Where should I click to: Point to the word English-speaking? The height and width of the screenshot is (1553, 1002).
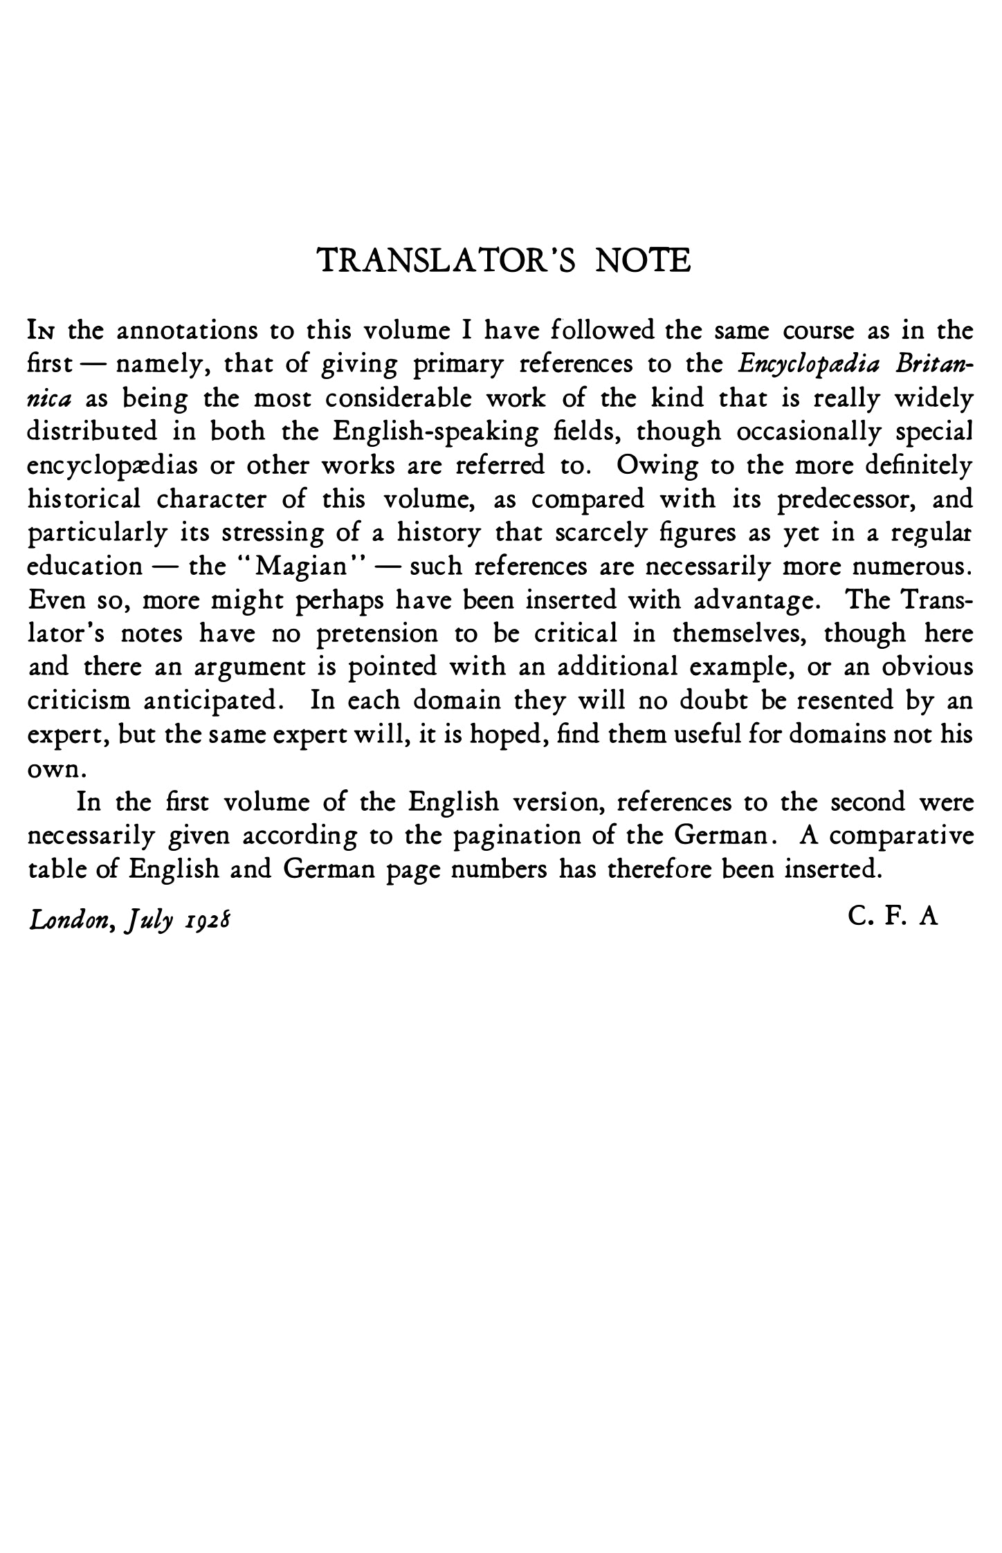(x=436, y=432)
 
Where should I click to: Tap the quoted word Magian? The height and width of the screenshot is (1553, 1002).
(x=301, y=567)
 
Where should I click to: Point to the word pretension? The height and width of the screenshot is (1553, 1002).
(x=376, y=634)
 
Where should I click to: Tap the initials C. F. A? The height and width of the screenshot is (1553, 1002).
(x=892, y=917)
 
